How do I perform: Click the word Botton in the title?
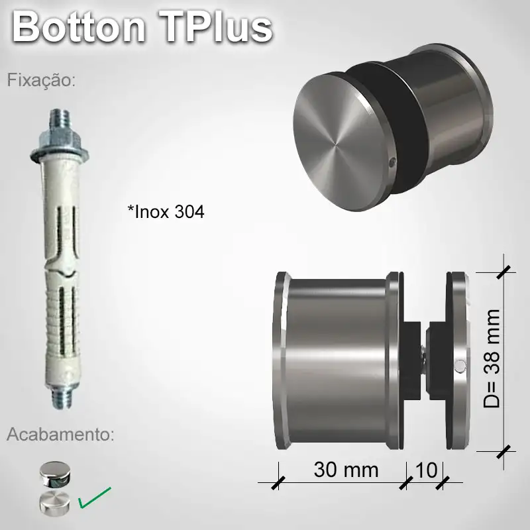point(79,28)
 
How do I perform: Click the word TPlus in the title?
point(215,28)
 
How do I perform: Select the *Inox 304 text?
point(166,212)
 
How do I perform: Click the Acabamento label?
point(60,435)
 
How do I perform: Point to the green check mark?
point(95,498)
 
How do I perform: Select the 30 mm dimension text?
point(346,470)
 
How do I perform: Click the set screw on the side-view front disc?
point(459,364)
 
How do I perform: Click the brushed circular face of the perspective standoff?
point(335,142)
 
